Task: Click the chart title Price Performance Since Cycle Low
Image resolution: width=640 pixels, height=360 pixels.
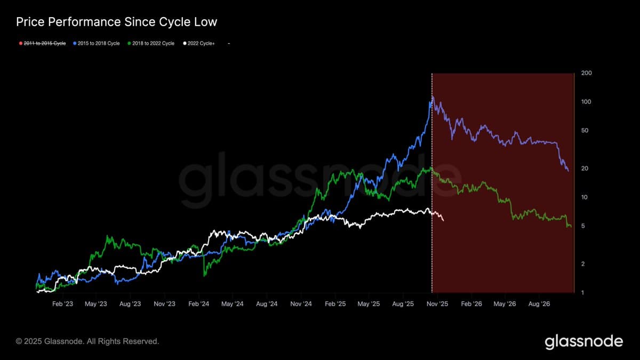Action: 116,22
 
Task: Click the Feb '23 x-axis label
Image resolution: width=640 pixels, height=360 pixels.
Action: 62,304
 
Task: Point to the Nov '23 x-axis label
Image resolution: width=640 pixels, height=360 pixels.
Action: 164,304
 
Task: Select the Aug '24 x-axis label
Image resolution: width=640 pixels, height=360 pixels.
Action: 267,304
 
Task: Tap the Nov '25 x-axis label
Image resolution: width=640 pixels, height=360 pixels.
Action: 437,304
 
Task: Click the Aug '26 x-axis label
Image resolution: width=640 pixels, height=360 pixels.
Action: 539,304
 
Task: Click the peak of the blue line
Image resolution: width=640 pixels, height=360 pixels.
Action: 433,97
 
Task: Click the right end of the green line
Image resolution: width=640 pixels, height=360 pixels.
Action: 571,227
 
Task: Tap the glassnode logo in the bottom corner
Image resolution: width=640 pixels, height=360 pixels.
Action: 583,341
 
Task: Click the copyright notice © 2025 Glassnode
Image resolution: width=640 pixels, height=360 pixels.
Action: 87,341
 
